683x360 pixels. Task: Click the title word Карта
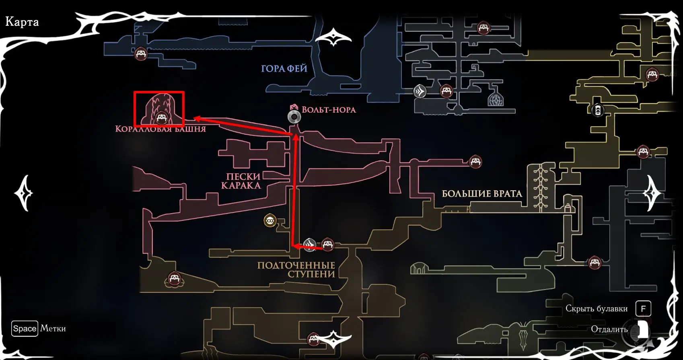point(22,22)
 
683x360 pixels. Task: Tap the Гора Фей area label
point(284,69)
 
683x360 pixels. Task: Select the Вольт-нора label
point(329,110)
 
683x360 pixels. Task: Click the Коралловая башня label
point(160,129)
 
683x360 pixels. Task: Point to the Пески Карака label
point(241,181)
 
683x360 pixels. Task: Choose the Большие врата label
point(482,194)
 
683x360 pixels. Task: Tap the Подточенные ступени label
point(296,270)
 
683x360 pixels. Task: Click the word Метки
point(53,329)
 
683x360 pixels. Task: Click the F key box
point(643,309)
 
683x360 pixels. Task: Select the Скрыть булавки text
point(597,309)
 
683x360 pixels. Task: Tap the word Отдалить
point(609,329)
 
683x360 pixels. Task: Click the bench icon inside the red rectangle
point(161,117)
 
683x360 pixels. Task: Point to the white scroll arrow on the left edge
point(24,193)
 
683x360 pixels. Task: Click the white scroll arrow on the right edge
point(652,193)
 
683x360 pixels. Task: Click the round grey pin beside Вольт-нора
point(294,117)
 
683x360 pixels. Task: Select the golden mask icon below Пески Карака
point(269,220)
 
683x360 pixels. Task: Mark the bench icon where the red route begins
point(327,245)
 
